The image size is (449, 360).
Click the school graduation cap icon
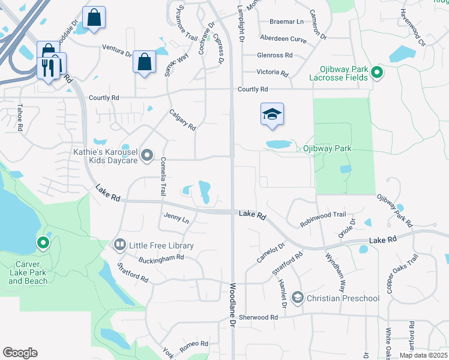272,113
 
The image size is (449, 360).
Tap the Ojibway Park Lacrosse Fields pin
377,73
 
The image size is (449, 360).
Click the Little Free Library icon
120,245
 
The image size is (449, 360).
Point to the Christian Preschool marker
297,298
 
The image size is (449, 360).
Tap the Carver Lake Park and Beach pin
43,243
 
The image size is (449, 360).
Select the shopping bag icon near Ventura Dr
144,61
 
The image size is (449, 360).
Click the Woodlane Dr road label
233,305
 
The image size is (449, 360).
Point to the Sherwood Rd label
259,317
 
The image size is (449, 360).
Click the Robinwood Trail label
323,219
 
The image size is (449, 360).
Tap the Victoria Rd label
273,72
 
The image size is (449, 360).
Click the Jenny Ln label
176,217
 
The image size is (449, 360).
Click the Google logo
20,353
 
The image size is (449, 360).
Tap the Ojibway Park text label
327,148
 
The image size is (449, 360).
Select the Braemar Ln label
286,21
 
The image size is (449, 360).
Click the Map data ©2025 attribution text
424,355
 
